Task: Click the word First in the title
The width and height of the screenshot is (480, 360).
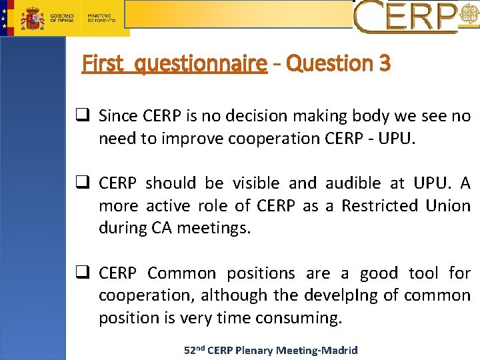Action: [x=103, y=64]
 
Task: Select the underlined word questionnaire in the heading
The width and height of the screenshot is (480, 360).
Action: [x=200, y=64]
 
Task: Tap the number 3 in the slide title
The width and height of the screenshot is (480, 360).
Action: [x=384, y=64]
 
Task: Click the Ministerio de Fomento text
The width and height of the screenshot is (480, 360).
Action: [x=102, y=18]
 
